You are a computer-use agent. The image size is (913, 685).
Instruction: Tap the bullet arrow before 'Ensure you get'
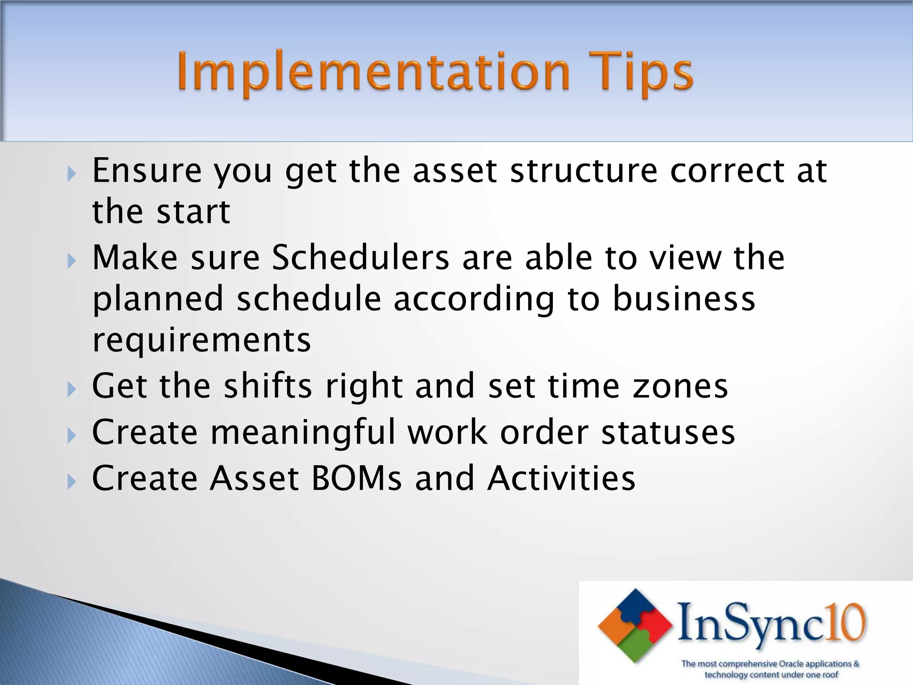[x=72, y=173]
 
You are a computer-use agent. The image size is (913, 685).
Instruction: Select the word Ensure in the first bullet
[x=146, y=171]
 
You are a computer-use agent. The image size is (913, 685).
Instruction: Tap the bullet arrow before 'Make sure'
[x=72, y=260]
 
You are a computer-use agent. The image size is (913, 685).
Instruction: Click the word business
[x=684, y=299]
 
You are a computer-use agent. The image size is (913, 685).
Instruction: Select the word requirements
[x=201, y=340]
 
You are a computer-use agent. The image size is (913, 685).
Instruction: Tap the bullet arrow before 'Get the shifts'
[x=72, y=389]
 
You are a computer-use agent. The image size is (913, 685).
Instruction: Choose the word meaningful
[x=303, y=433]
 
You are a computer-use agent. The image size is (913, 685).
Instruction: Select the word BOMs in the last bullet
[x=356, y=478]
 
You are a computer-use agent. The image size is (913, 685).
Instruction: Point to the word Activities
[x=561, y=478]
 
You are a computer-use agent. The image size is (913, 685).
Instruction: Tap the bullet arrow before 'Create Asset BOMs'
[x=72, y=482]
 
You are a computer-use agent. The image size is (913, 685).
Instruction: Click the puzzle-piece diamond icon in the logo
[x=635, y=625]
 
